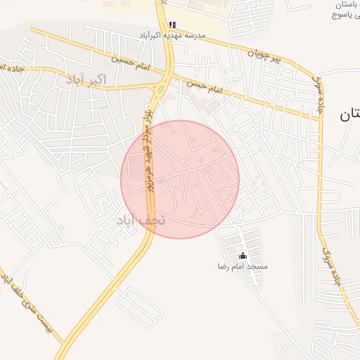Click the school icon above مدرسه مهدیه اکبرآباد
point(172,25)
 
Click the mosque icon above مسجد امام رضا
point(243,256)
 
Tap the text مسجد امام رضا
point(242,267)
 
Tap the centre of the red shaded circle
point(180,179)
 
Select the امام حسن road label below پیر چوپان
point(204,86)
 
